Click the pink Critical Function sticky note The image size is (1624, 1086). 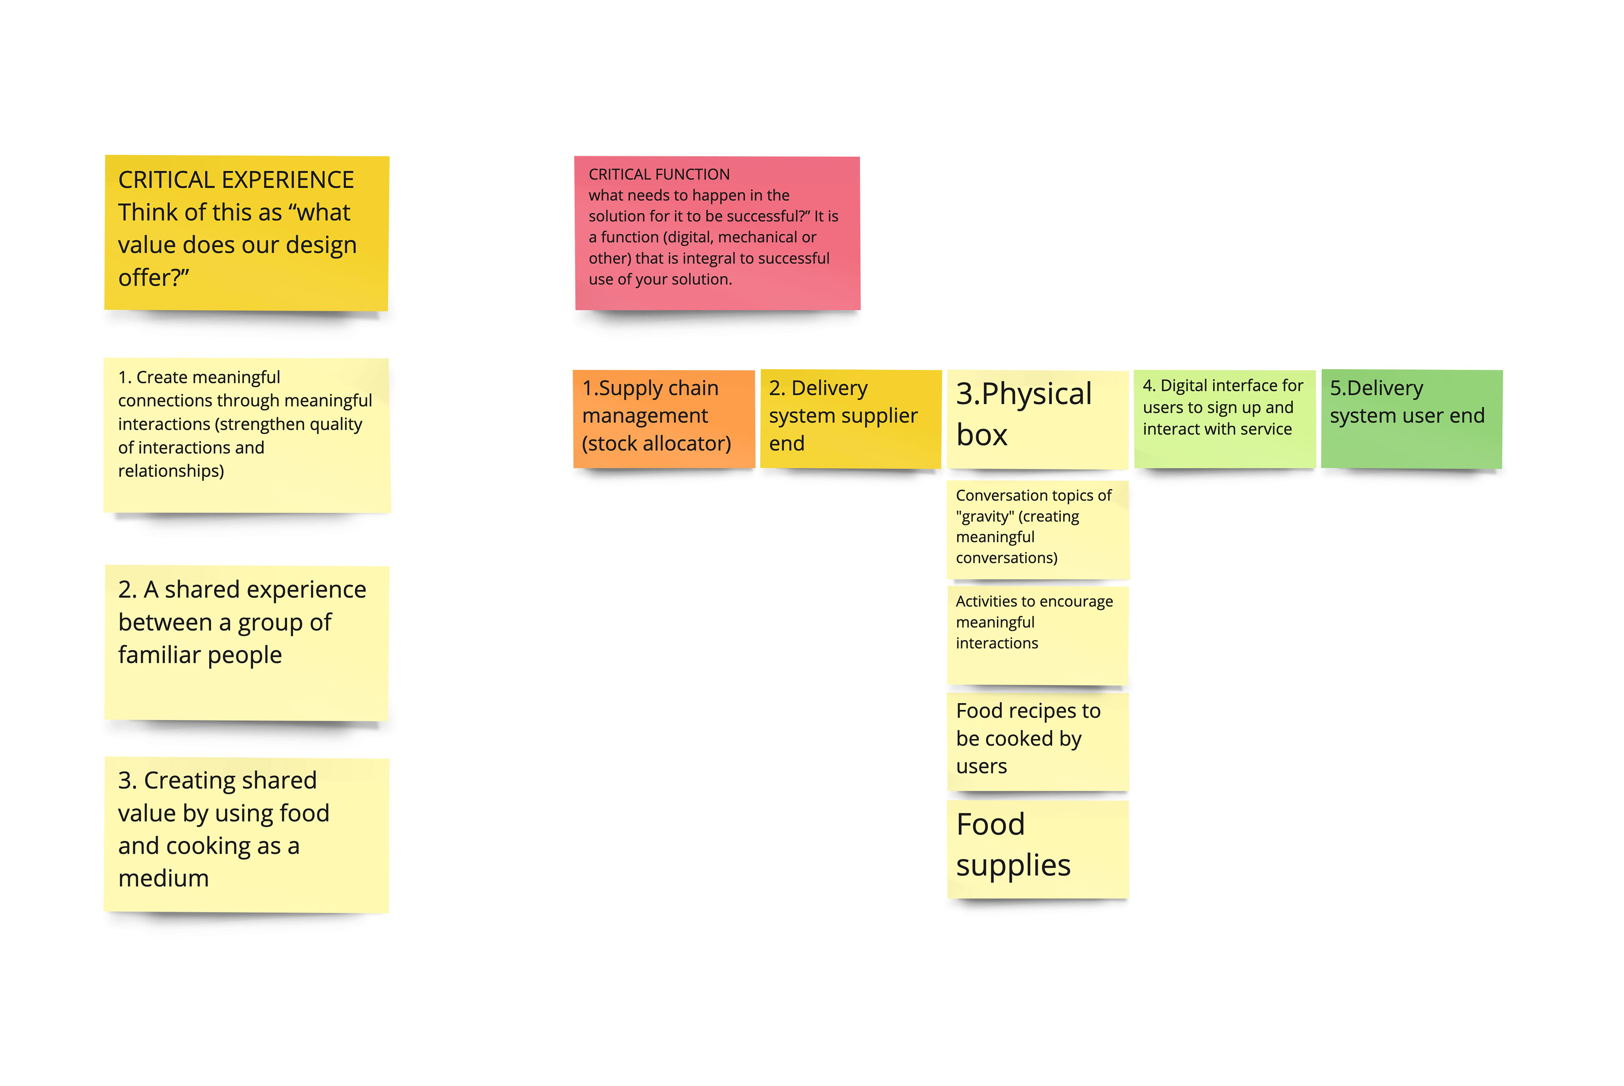tap(717, 233)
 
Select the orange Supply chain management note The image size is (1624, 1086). tap(664, 419)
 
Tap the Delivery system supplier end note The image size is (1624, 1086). tap(851, 419)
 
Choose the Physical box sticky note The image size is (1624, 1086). tap(1038, 419)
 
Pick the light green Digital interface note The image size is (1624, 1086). tap(1225, 419)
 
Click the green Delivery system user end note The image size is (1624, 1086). tap(1412, 419)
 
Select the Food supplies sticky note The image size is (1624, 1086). tap(1038, 850)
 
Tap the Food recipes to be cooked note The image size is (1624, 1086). tap(1038, 742)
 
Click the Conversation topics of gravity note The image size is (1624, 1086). tap(1038, 530)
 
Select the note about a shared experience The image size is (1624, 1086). tap(247, 643)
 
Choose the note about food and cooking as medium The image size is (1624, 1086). tap(247, 835)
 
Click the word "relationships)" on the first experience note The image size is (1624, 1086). tap(171, 471)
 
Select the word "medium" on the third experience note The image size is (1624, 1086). tap(164, 878)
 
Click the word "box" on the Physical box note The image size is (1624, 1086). tap(982, 435)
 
